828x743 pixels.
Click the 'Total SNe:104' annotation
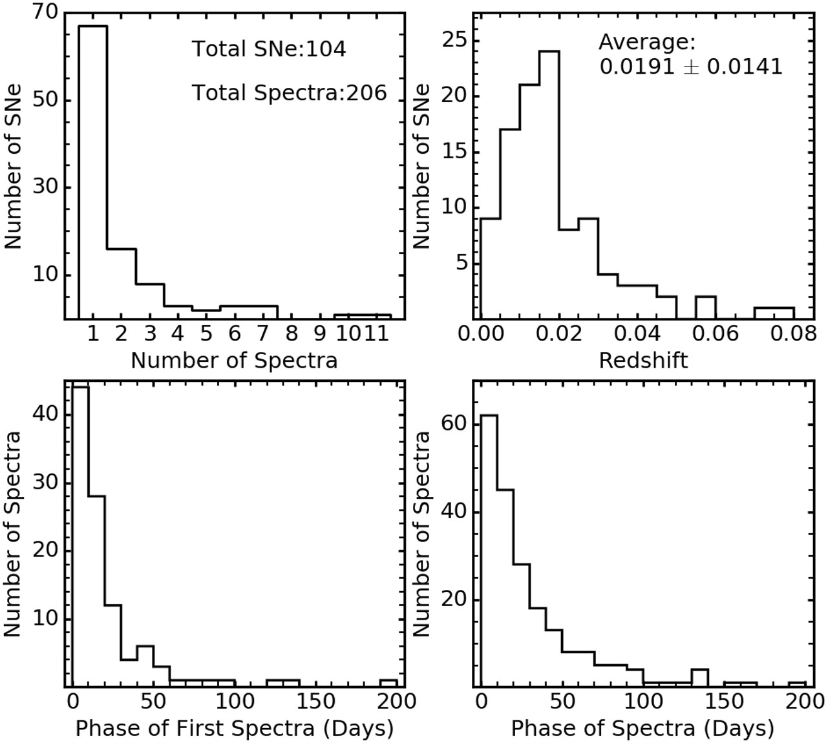[x=269, y=49]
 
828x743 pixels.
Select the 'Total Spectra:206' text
[x=289, y=93]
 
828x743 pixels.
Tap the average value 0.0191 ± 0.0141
[x=690, y=66]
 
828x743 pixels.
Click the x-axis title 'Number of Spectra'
[x=234, y=360]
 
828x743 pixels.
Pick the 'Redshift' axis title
[x=643, y=360]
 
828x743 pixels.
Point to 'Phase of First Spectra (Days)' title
[x=234, y=728]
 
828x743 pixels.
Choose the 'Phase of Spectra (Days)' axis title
[x=642, y=728]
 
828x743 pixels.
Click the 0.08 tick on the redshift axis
[x=794, y=334]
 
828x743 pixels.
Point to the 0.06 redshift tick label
[x=715, y=334]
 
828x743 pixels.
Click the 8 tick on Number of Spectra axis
[x=292, y=334]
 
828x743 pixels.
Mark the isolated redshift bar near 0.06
[x=705, y=308]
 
